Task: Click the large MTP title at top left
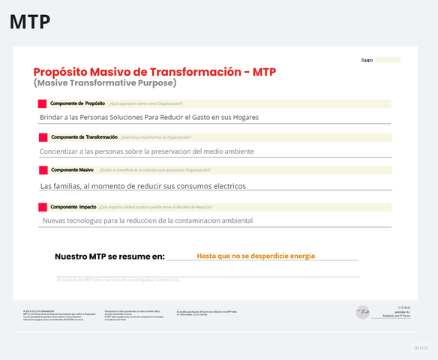pos(30,22)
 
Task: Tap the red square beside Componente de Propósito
pos(42,103)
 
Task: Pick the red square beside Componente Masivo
pos(42,170)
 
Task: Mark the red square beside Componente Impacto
pos(42,206)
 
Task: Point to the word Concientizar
pos(66,151)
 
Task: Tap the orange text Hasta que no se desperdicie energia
pos(256,256)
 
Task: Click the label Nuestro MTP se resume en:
pos(109,256)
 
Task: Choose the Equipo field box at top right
pos(388,60)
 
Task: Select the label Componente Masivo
pos(72,170)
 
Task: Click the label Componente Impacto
pos(72,206)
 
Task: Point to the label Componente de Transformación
pos(83,137)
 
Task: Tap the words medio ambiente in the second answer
pos(229,151)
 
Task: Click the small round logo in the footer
pos(362,310)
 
